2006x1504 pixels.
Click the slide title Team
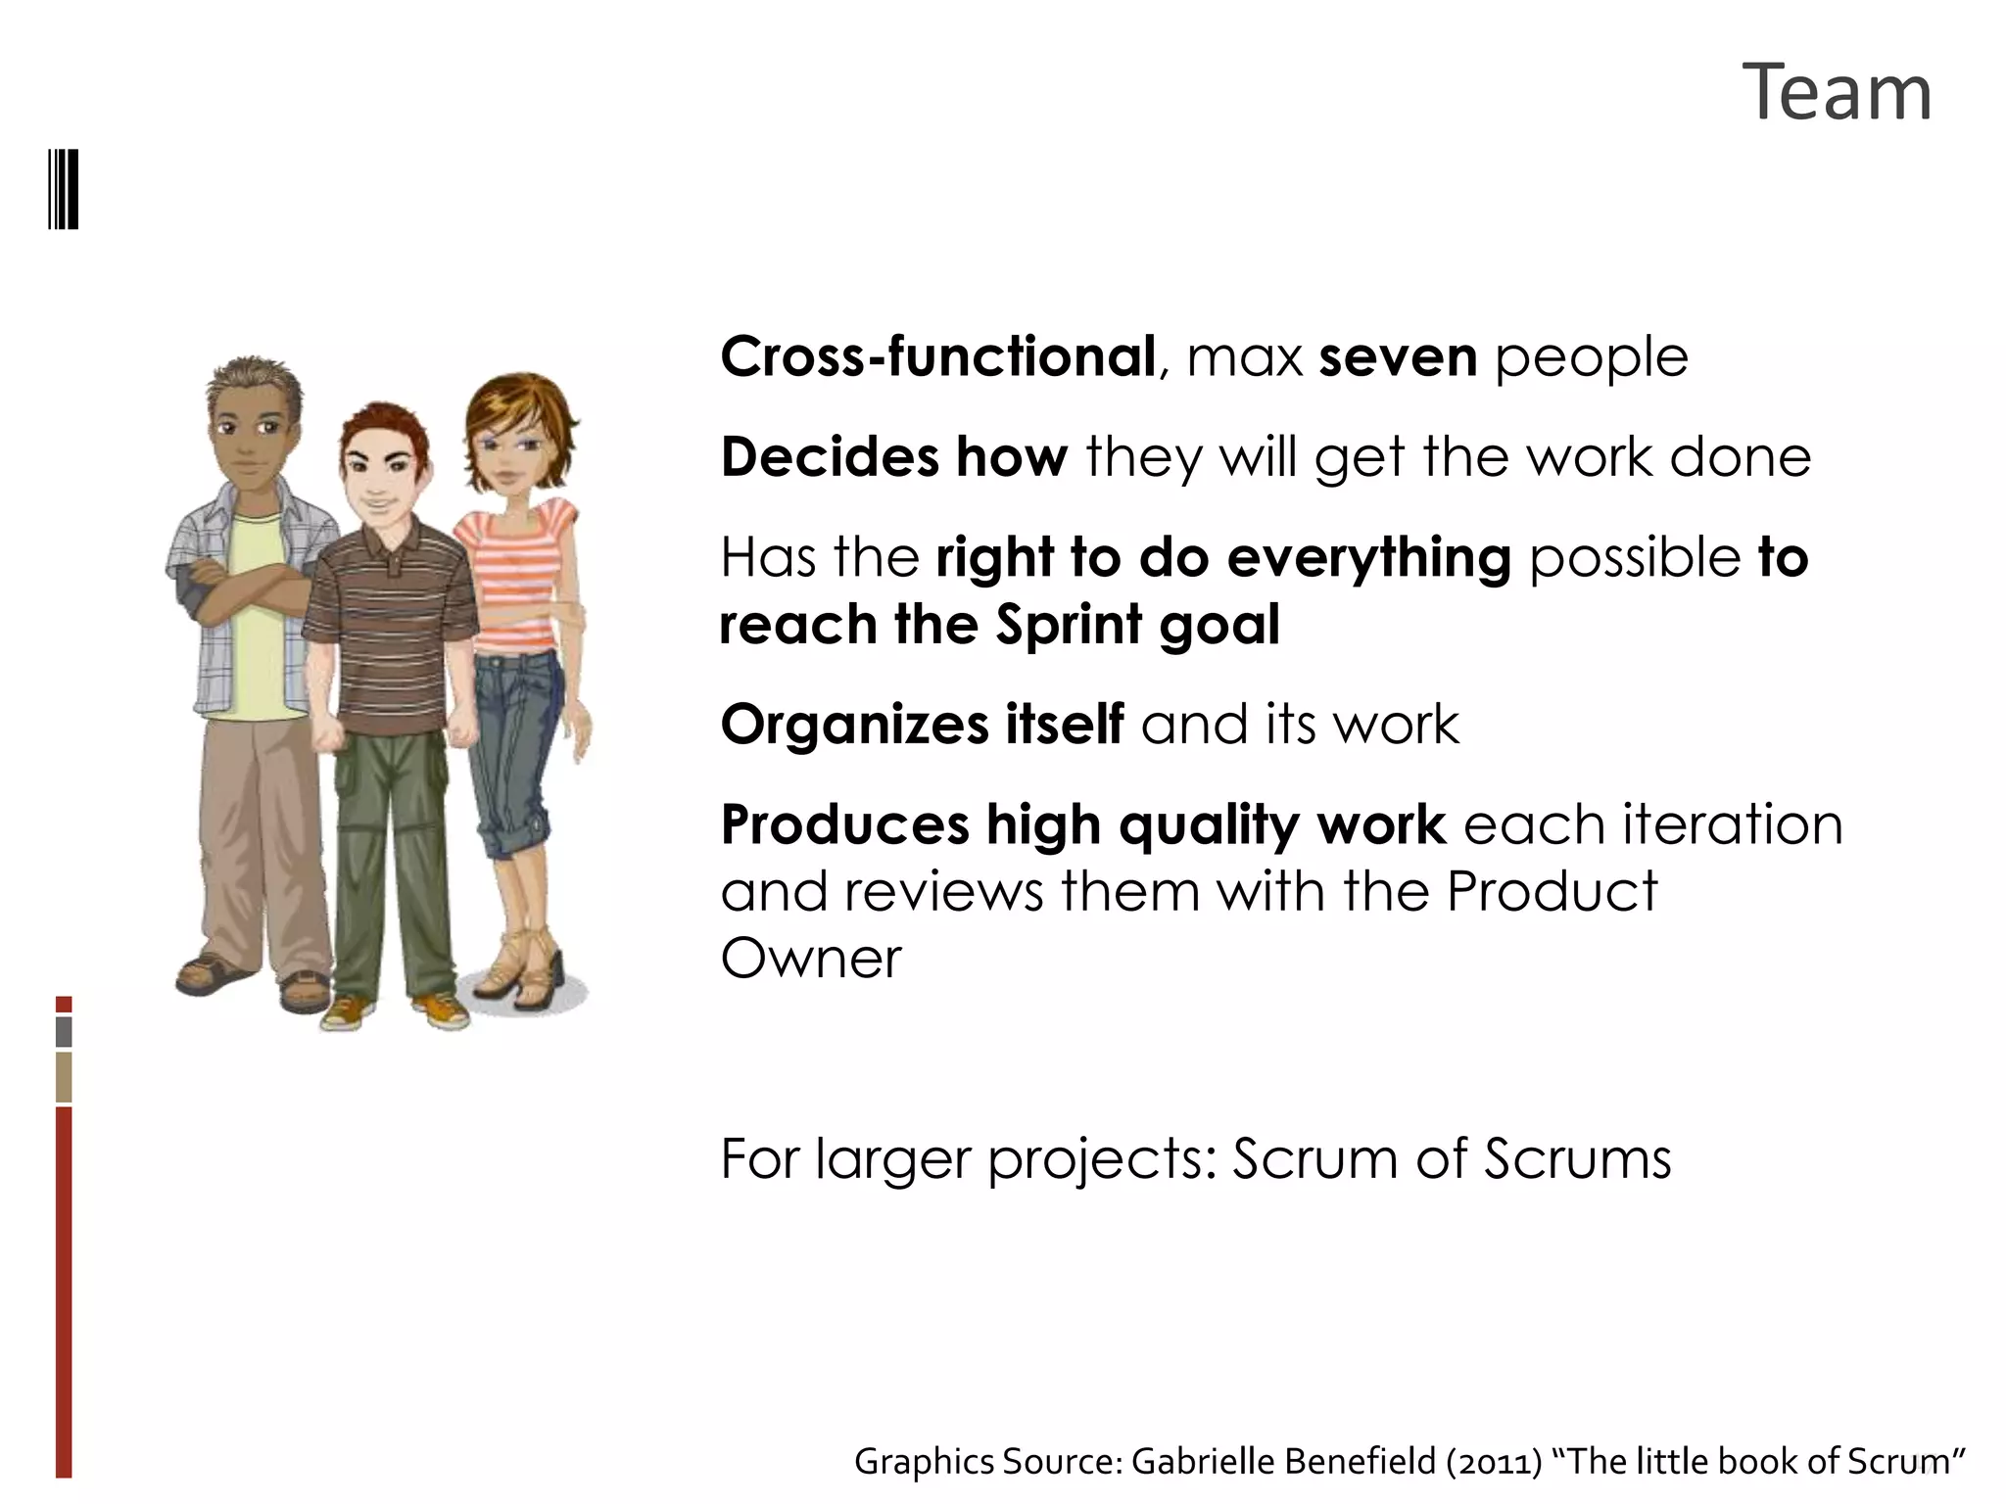pyautogui.click(x=1837, y=93)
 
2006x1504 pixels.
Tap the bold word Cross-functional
pyautogui.click(x=937, y=356)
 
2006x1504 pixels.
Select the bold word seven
pyautogui.click(x=1398, y=356)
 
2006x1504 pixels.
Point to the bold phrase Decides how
pyautogui.click(x=893, y=457)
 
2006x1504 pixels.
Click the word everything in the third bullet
pyautogui.click(x=1368, y=558)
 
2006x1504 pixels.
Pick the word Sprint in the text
pyautogui.click(x=1069, y=625)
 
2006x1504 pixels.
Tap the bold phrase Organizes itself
pyautogui.click(x=922, y=725)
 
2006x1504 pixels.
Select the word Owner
pyautogui.click(x=810, y=959)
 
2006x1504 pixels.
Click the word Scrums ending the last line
pyautogui.click(x=1577, y=1159)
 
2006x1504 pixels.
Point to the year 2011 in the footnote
pyautogui.click(x=1494, y=1462)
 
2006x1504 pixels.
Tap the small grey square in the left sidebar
pyautogui.click(x=64, y=1032)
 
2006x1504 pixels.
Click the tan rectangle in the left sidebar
pyautogui.click(x=64, y=1077)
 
